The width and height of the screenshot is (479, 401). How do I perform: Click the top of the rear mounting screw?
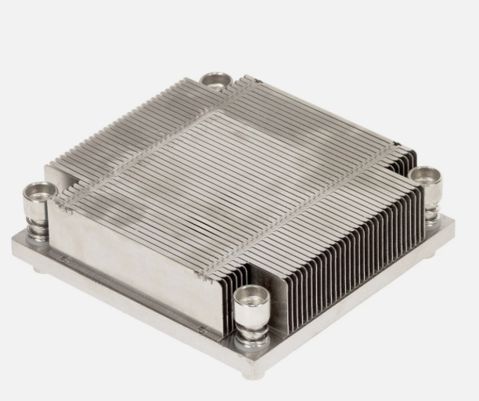215,78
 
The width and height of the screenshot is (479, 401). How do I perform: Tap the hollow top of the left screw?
39,190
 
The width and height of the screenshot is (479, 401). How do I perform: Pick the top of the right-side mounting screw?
425,175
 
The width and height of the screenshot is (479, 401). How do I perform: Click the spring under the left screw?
38,229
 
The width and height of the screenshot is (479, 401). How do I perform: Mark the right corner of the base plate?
452,223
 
